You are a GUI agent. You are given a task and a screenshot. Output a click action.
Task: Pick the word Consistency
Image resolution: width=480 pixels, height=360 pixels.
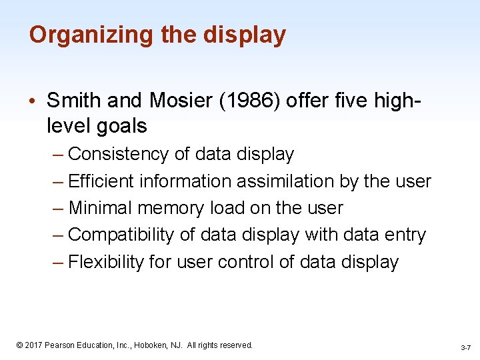pyautogui.click(x=119, y=154)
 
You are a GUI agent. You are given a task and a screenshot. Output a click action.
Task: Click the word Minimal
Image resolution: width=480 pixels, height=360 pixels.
pyautogui.click(x=101, y=208)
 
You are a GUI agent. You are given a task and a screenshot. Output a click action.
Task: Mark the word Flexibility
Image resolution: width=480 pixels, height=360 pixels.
pyautogui.click(x=106, y=262)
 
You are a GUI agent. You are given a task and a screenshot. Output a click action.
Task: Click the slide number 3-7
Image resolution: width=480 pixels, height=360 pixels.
pyautogui.click(x=466, y=348)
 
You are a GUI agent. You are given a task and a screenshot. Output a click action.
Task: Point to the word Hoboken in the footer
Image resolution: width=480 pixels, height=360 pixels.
pyautogui.click(x=155, y=345)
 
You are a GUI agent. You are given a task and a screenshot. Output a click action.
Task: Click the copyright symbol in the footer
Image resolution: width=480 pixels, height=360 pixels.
pyautogui.click(x=19, y=345)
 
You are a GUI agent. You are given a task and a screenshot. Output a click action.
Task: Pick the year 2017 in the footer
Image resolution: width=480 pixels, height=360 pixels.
pyautogui.click(x=33, y=345)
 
